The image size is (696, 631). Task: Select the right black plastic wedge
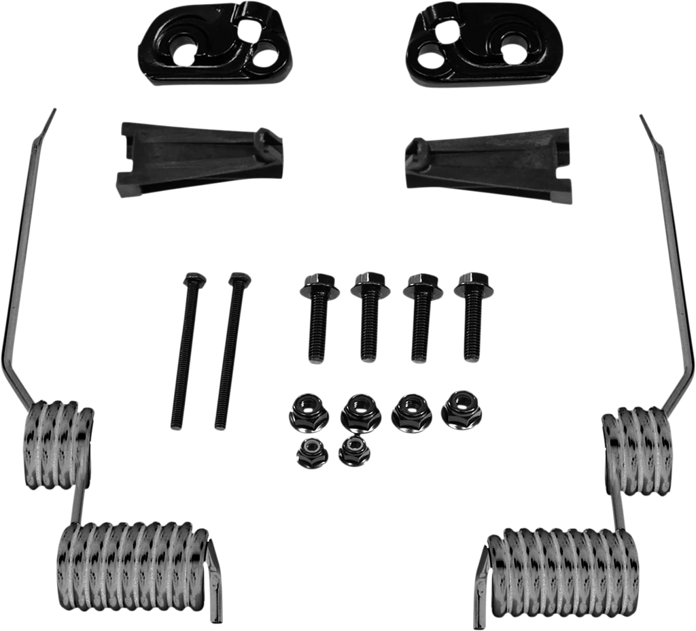(487, 162)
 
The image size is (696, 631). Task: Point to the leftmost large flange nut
(304, 410)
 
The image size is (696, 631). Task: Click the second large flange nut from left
(357, 411)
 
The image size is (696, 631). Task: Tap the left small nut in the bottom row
(309, 453)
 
